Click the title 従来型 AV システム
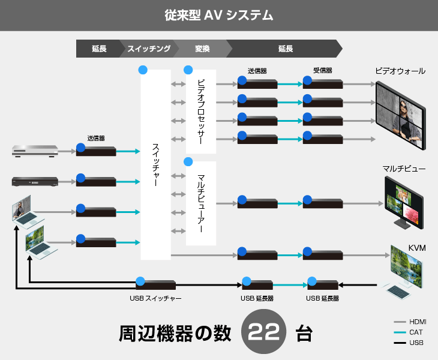219,15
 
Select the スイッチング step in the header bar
149,49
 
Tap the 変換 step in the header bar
202,49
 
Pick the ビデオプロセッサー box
201,111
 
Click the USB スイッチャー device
155,285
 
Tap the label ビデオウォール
400,71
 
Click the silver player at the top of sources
35,151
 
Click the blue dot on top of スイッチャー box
143,70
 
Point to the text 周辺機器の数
175,334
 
